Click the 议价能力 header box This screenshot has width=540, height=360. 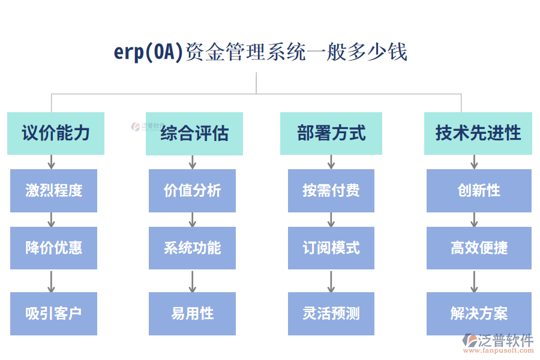[x=56, y=133]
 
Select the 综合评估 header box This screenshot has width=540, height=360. [x=194, y=133]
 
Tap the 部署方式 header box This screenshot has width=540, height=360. [x=331, y=133]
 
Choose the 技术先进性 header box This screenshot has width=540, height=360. [x=478, y=133]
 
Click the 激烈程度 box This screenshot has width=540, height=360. [x=53, y=191]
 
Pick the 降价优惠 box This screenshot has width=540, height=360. [x=53, y=248]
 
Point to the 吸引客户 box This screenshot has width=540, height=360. [x=53, y=313]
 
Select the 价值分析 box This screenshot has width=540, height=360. [x=192, y=191]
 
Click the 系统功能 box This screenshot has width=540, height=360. [x=192, y=248]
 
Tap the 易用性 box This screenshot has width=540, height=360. [x=192, y=313]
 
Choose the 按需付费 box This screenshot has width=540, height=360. [x=331, y=191]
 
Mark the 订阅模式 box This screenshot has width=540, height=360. [x=331, y=248]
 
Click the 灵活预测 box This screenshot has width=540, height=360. [x=331, y=313]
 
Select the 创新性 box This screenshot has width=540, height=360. [x=479, y=191]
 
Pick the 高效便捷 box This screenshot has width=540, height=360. [x=479, y=248]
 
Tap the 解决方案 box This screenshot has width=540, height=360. [x=479, y=313]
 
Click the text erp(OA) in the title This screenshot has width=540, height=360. [x=148, y=52]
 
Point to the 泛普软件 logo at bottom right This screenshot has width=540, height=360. [x=497, y=343]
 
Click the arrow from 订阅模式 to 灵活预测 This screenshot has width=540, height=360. [x=331, y=281]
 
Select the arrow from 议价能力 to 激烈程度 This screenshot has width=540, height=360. [x=52, y=162]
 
